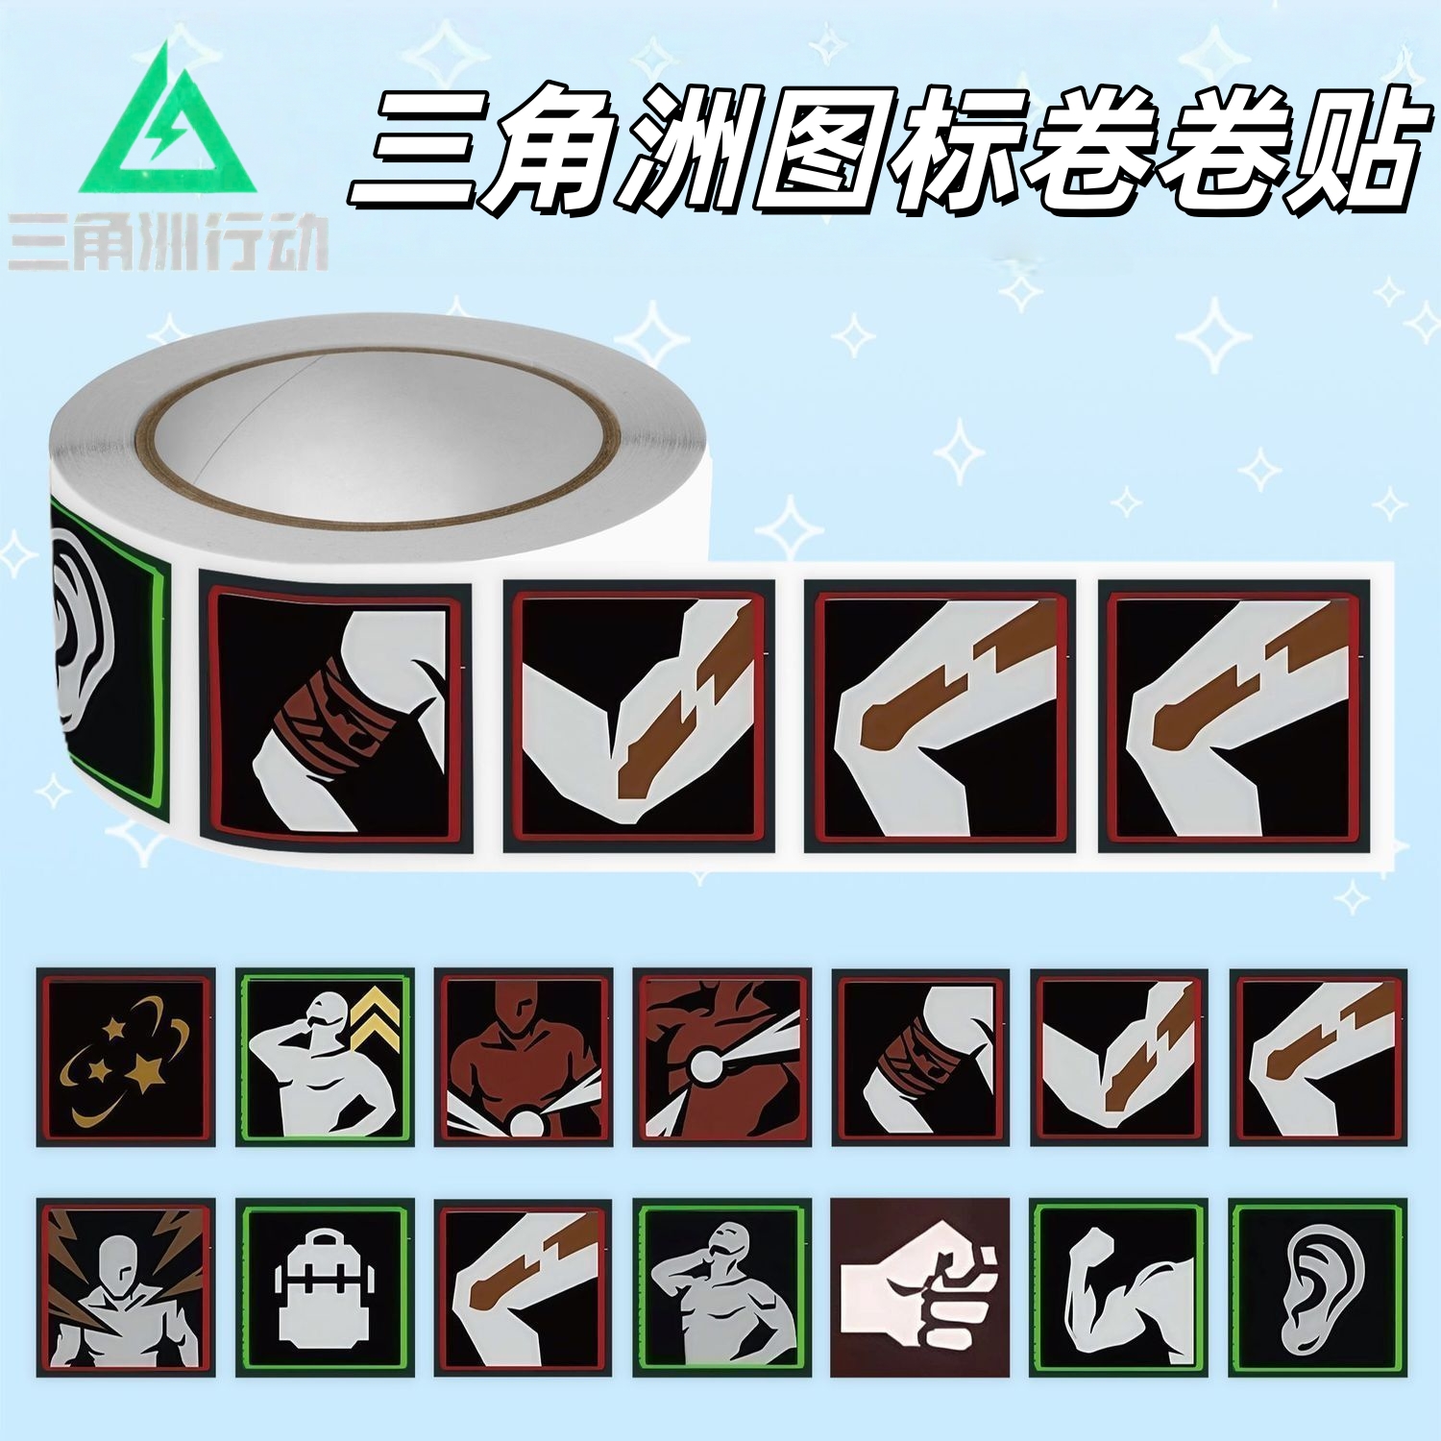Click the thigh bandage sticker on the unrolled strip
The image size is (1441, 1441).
tap(335, 717)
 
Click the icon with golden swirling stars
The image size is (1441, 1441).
tap(126, 1057)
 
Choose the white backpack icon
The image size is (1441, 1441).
tap(325, 1287)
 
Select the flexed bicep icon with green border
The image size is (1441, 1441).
tap(1118, 1287)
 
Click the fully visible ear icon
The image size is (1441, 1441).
tap(1317, 1287)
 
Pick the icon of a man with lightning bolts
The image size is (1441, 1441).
tap(126, 1287)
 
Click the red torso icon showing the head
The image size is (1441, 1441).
tap(524, 1057)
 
